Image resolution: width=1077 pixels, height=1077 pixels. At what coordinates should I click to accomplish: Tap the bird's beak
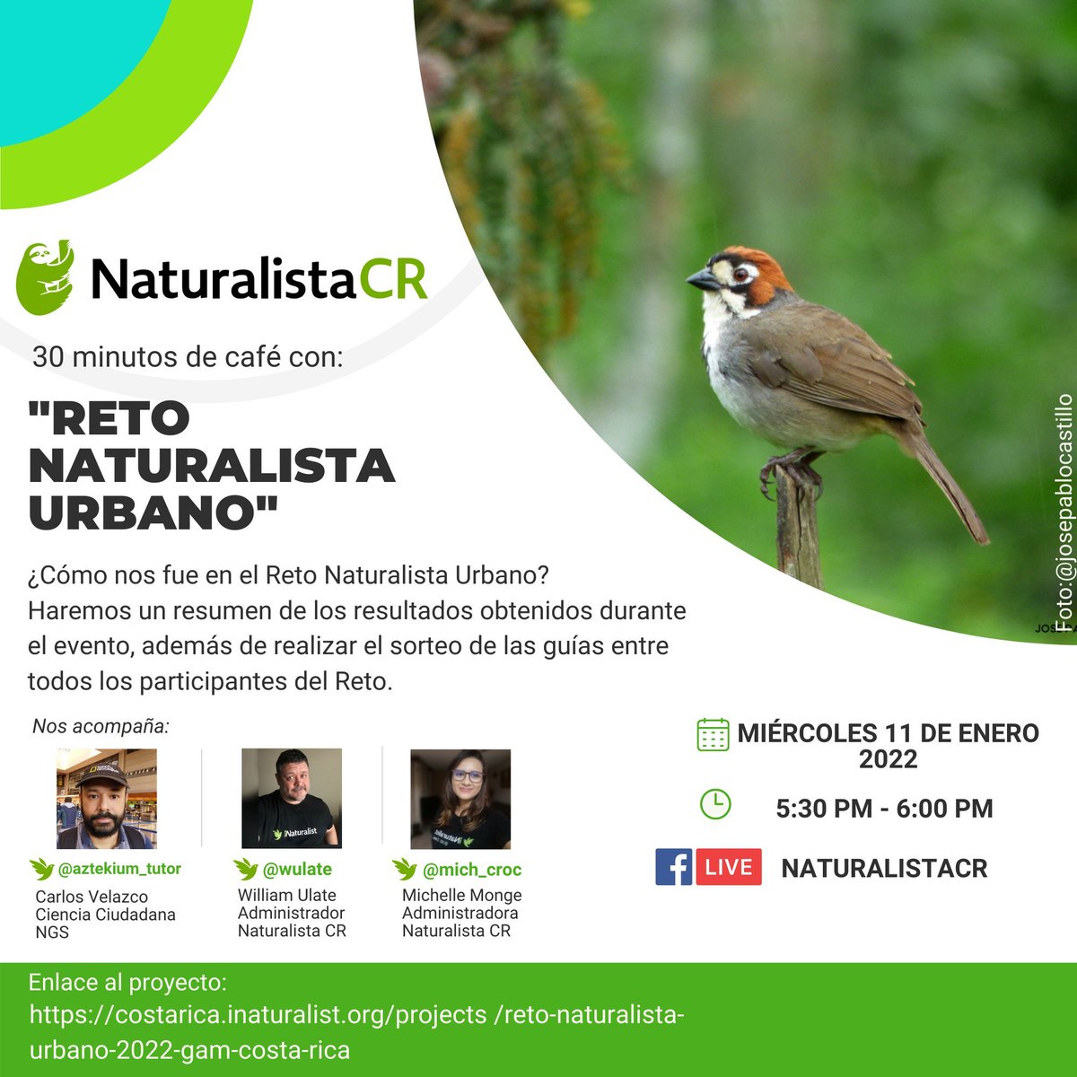point(701,280)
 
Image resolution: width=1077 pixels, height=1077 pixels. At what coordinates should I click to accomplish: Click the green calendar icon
point(713,734)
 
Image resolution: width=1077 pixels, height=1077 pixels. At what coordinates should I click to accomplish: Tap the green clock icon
point(714,804)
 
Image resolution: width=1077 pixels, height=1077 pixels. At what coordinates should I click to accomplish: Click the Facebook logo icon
point(673,867)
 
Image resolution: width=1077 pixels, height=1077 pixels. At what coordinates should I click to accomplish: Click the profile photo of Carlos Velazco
point(106,799)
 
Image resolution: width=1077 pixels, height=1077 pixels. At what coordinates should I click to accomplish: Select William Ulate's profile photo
point(292,798)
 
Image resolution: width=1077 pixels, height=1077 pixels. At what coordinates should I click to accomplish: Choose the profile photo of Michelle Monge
point(460,799)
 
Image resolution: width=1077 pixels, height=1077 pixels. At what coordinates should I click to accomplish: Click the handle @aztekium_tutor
point(118,869)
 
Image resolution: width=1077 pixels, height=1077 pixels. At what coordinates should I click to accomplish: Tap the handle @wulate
point(296,869)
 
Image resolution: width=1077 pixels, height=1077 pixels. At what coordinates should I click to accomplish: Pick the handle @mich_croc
point(471,870)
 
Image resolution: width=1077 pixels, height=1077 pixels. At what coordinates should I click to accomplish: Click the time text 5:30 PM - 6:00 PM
point(884,808)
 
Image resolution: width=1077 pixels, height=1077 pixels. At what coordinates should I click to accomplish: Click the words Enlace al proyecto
point(127,982)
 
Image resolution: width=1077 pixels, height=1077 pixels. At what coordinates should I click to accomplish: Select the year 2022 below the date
point(888,759)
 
